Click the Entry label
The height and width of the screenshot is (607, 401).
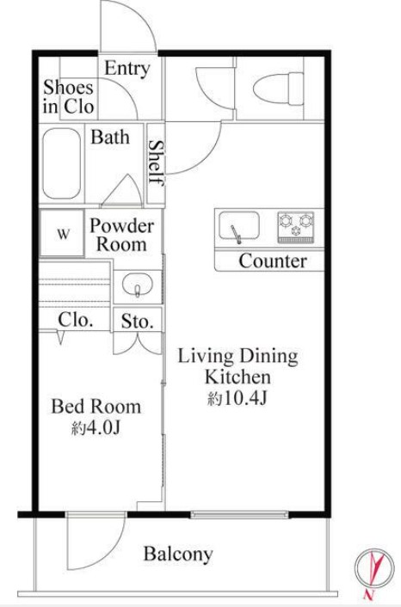(127, 69)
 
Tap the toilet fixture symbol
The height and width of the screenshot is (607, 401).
(277, 89)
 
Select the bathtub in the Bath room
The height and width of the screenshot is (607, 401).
(62, 163)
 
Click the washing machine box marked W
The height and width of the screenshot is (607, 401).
(62, 233)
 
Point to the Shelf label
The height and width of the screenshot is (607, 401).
(156, 162)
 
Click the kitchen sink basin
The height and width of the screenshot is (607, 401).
(238, 225)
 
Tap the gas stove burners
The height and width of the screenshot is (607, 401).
(296, 226)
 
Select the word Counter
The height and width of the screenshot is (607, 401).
(273, 261)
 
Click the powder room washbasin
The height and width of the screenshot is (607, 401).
(138, 285)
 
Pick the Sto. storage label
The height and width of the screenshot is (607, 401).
(137, 321)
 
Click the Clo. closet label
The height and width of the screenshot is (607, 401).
(76, 320)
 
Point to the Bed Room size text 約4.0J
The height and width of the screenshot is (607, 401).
(96, 428)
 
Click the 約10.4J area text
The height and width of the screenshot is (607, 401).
(238, 398)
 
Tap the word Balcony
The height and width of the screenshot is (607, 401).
(178, 554)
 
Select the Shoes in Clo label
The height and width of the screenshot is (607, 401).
(68, 97)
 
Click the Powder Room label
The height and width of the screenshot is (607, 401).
(121, 235)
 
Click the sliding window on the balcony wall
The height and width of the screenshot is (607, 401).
(239, 514)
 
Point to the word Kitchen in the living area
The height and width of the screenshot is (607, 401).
(238, 377)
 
